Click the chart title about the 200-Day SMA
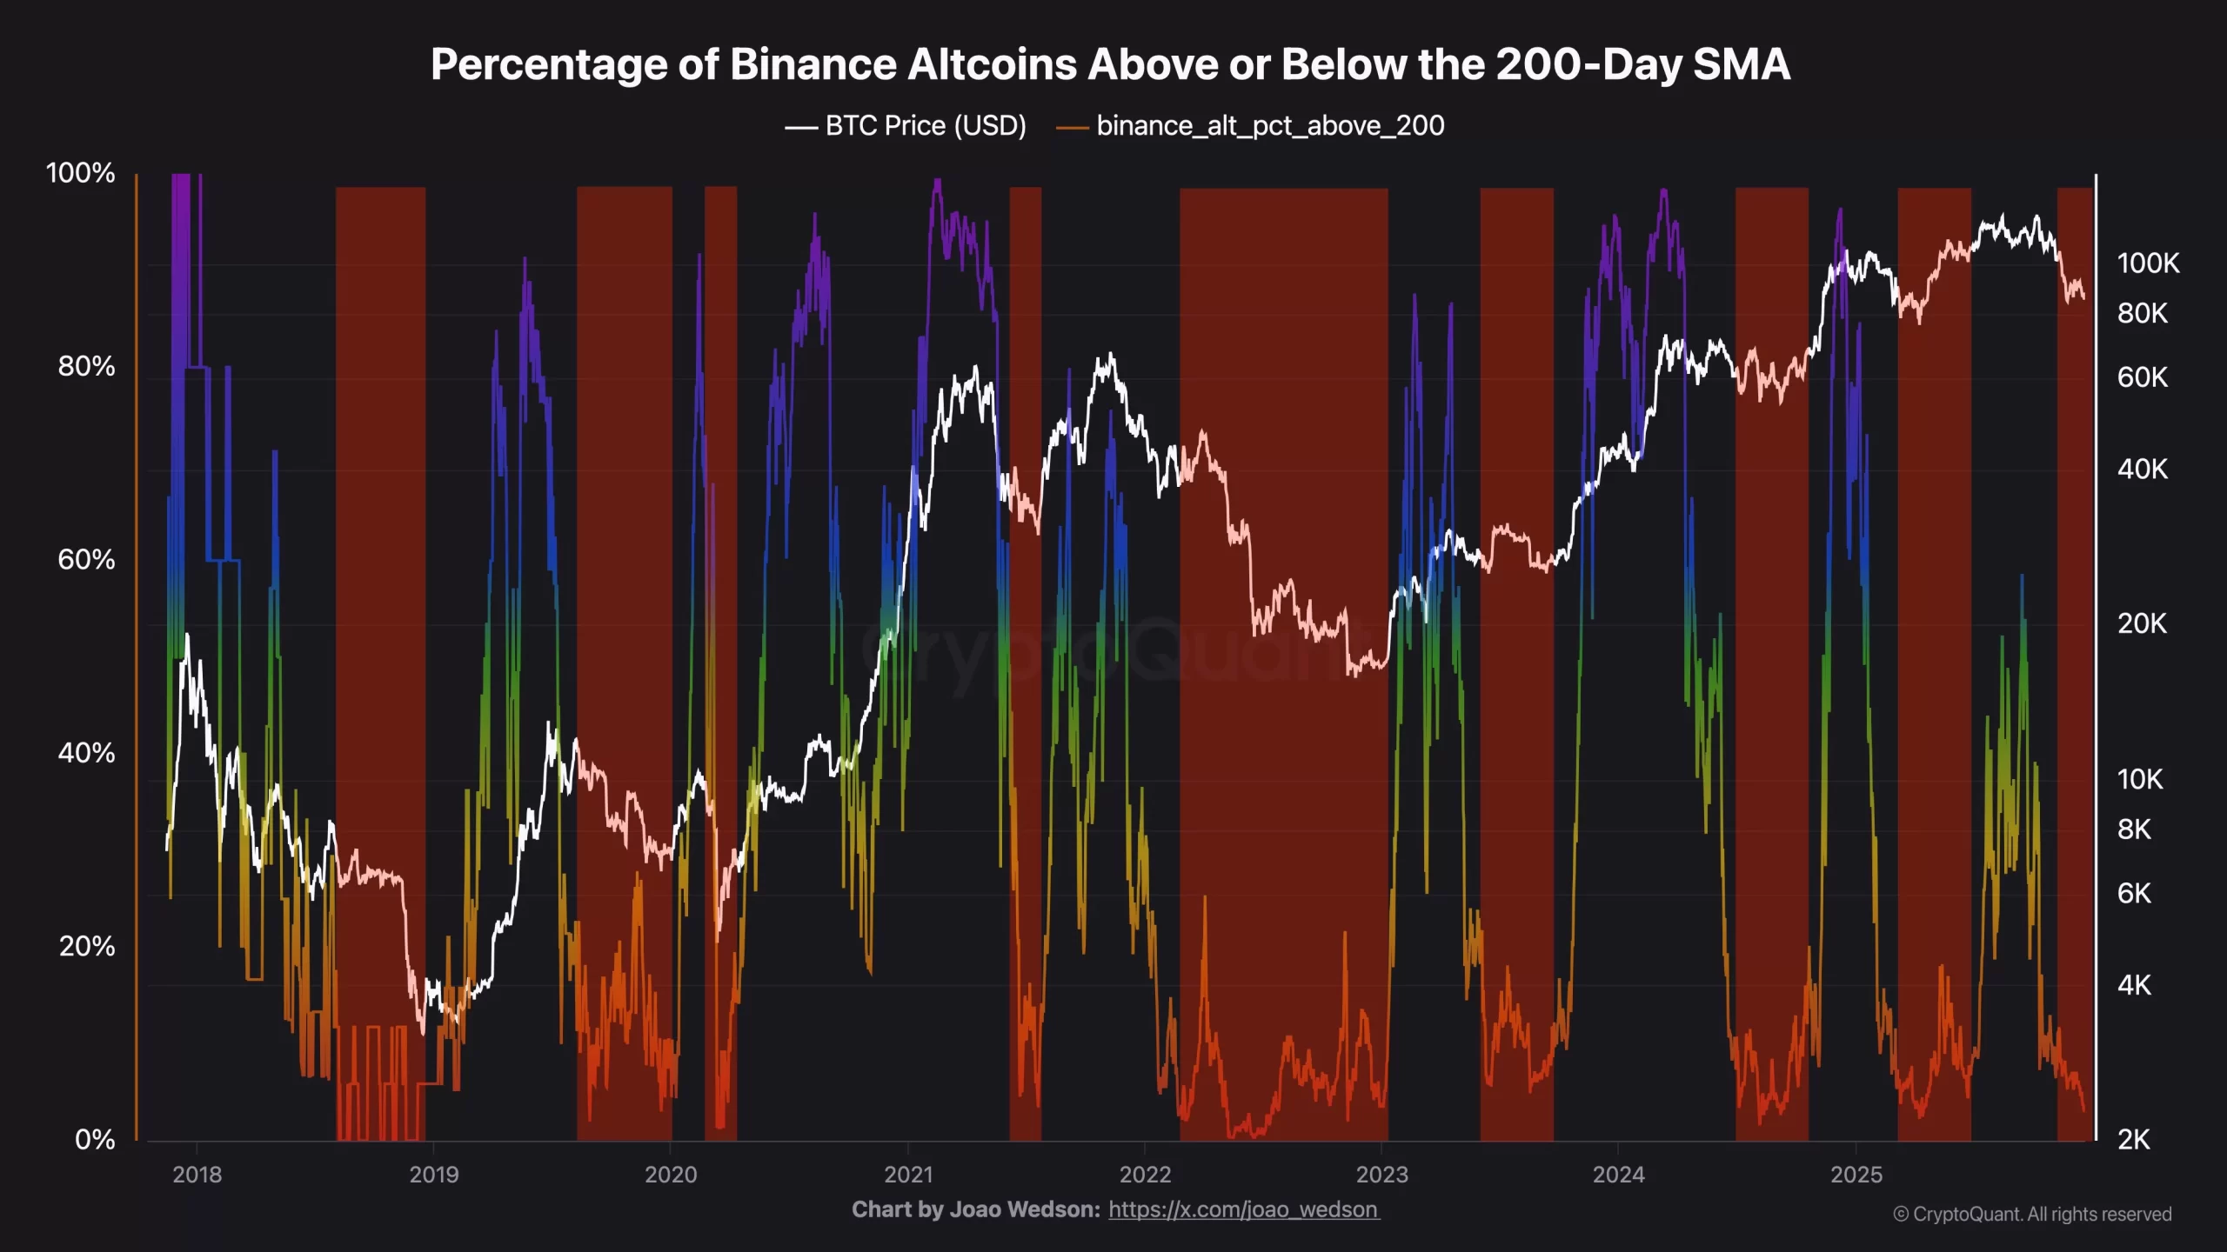pyautogui.click(x=1110, y=64)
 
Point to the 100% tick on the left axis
pyautogui.click(x=80, y=173)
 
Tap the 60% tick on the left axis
pyautogui.click(x=86, y=559)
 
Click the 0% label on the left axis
pyautogui.click(x=95, y=1139)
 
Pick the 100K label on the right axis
pyautogui.click(x=2148, y=263)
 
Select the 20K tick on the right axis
pyautogui.click(x=2142, y=623)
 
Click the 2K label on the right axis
pyautogui.click(x=2133, y=1139)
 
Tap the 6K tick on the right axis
pyautogui.click(x=2134, y=893)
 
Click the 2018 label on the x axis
pyautogui.click(x=197, y=1175)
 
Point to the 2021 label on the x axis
pyautogui.click(x=908, y=1175)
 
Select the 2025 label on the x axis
pyautogui.click(x=1856, y=1175)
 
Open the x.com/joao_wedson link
pyautogui.click(x=1243, y=1209)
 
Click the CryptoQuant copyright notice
pyautogui.click(x=2032, y=1214)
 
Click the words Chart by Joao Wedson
pyautogui.click(x=975, y=1209)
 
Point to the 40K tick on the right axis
pyautogui.click(x=2142, y=469)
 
